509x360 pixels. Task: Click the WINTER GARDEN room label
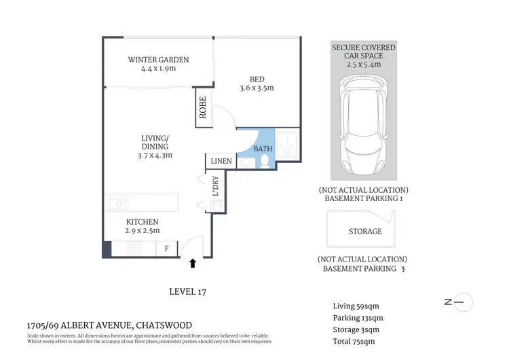(x=158, y=60)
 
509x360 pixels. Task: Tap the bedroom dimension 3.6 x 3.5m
(x=257, y=88)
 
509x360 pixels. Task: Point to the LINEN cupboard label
(x=221, y=162)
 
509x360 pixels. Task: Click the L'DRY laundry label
(x=215, y=187)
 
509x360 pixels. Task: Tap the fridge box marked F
(x=166, y=249)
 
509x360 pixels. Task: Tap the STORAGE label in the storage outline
(x=365, y=232)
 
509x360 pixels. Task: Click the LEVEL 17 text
(x=187, y=292)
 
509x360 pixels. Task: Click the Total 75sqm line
(x=354, y=342)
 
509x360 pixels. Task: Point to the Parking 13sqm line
(x=358, y=318)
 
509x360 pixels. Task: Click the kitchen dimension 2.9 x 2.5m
(x=142, y=231)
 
